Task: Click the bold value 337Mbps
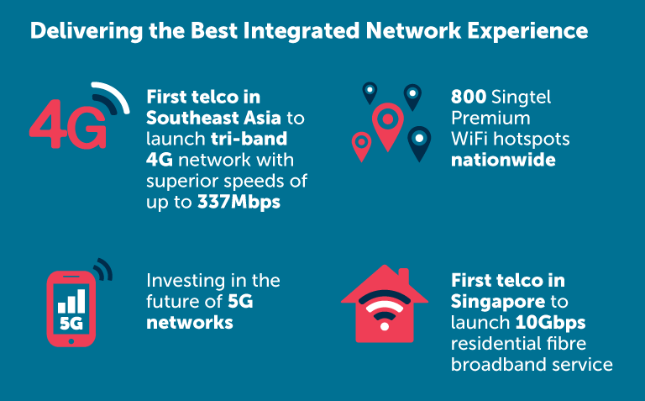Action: [x=239, y=203]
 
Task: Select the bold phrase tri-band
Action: [x=249, y=139]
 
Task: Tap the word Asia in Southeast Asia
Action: [x=262, y=119]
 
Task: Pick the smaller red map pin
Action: [x=361, y=144]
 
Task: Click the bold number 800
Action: [x=469, y=98]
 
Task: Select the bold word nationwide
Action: [x=503, y=161]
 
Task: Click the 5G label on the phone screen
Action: [x=71, y=324]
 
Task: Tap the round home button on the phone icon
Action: [x=71, y=341]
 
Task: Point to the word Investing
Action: [x=185, y=282]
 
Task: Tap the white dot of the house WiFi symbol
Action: [x=385, y=326]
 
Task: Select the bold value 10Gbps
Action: [x=550, y=323]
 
